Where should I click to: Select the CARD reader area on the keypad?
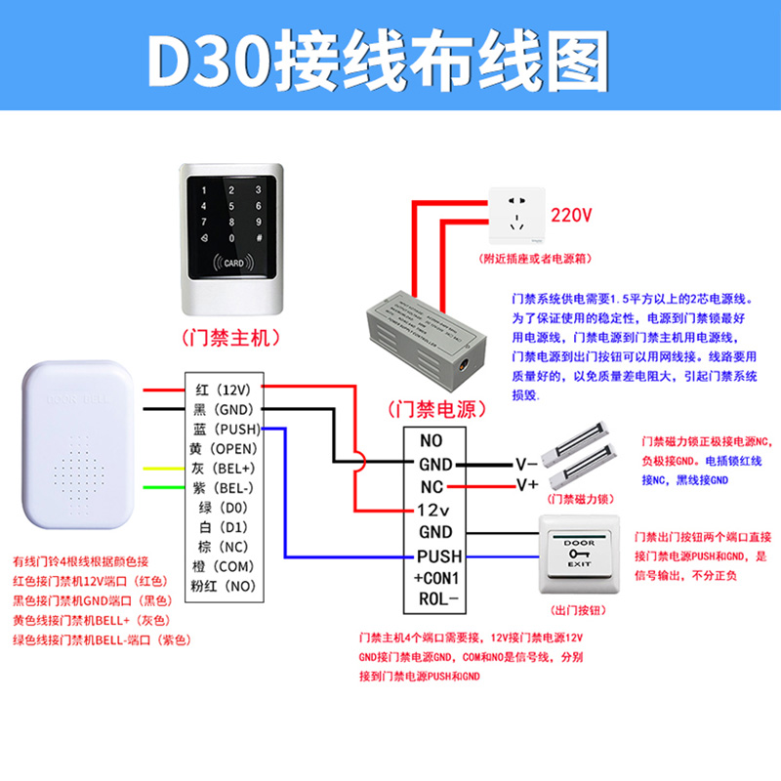[x=232, y=263]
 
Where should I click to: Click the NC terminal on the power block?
[x=432, y=486]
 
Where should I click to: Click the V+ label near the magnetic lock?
[x=527, y=484]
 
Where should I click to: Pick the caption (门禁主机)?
[x=231, y=337]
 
